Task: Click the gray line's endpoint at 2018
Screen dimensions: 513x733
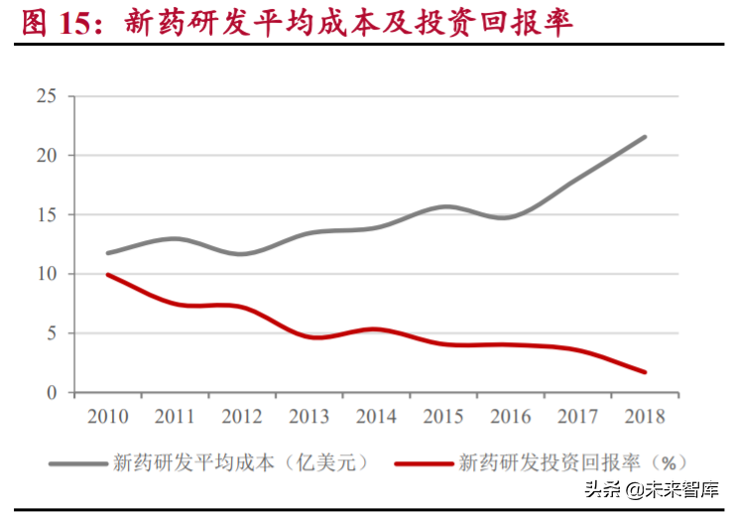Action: [x=646, y=137]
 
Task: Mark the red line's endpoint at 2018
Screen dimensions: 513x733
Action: [x=646, y=372]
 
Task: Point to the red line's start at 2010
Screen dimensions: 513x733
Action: [x=107, y=275]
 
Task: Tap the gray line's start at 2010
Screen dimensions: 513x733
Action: [x=107, y=253]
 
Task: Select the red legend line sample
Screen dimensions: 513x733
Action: [x=422, y=461]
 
